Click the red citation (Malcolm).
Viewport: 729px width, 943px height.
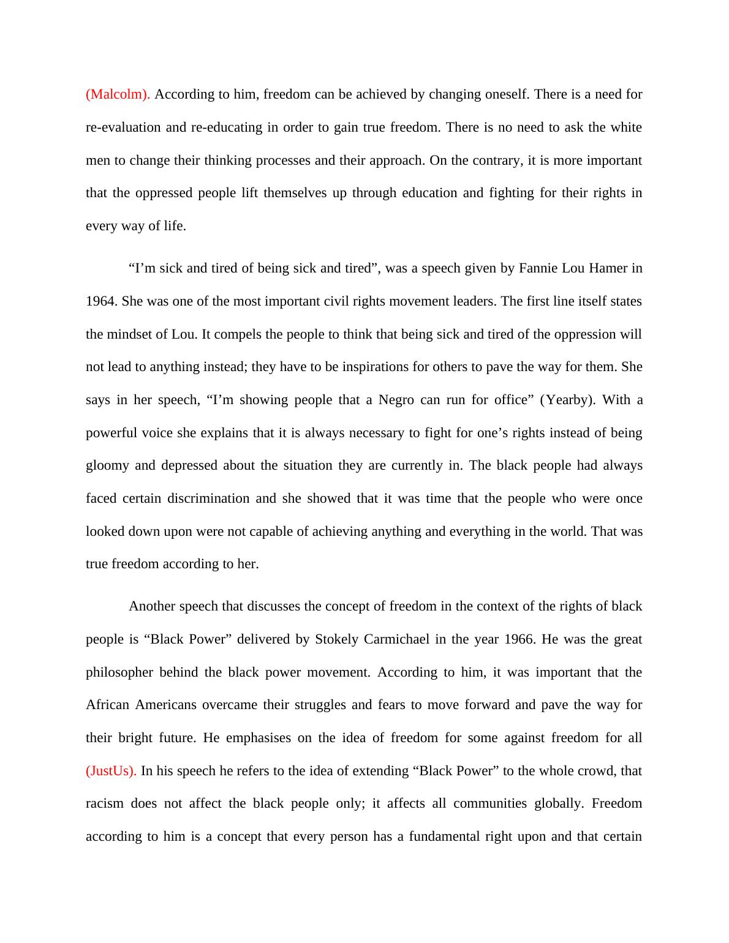pos(118,94)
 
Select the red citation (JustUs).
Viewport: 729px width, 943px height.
pos(111,771)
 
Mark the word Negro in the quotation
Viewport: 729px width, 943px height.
pos(396,400)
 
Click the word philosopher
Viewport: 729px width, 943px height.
pos(119,672)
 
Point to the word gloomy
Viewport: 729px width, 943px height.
pos(107,465)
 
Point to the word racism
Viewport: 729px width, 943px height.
pos(104,803)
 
